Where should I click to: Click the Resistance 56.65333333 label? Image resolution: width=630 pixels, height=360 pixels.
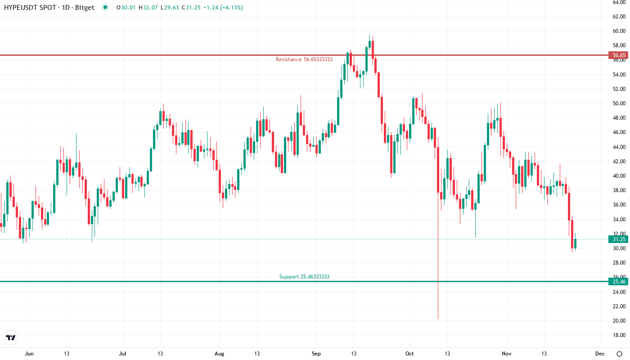click(x=304, y=59)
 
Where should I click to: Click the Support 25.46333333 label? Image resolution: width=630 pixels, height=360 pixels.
click(x=304, y=277)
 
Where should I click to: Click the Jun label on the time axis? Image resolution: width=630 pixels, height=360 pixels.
click(x=29, y=354)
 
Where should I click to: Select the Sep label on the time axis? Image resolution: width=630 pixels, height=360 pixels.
click(x=316, y=354)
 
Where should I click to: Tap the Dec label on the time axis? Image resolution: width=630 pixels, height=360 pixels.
click(x=599, y=354)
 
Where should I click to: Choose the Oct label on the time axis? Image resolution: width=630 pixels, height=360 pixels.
click(x=410, y=354)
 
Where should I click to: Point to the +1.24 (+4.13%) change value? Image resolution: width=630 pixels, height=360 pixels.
click(x=220, y=8)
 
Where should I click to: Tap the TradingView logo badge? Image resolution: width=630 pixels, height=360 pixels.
click(x=11, y=337)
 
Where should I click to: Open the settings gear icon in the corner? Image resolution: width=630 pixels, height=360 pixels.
click(x=619, y=354)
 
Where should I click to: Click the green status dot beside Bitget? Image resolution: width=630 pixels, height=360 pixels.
click(x=105, y=7)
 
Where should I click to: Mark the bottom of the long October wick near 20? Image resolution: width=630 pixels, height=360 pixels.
click(x=438, y=319)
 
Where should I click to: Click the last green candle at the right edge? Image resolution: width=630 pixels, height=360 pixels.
click(x=575, y=243)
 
